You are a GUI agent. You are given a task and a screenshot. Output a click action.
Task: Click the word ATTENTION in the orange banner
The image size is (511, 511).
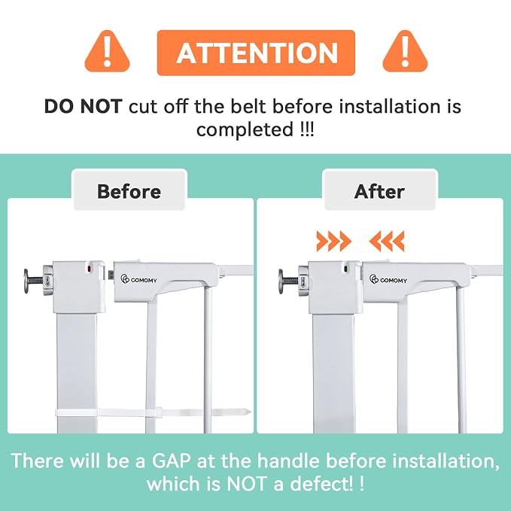tap(257, 53)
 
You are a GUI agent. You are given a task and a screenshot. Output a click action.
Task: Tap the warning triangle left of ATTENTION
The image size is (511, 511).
tap(107, 51)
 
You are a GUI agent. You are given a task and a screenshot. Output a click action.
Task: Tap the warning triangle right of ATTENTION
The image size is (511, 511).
tap(405, 51)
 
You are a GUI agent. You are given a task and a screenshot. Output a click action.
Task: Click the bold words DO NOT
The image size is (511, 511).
tap(83, 106)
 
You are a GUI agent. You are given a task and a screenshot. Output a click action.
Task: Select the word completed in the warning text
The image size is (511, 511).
tap(245, 130)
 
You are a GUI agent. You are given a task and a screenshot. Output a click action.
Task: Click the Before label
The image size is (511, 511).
tap(129, 191)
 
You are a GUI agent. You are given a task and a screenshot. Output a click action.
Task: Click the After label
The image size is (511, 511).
tap(379, 191)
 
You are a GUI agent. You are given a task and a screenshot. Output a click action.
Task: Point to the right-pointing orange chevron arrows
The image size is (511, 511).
tap(333, 241)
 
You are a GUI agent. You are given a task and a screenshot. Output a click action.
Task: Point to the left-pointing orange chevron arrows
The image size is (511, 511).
tap(387, 241)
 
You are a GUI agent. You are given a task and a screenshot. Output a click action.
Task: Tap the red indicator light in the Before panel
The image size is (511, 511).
tap(89, 269)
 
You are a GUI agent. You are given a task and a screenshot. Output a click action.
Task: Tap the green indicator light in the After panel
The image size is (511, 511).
tap(346, 269)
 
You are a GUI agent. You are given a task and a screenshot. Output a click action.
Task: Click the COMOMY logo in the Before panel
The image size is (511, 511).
tap(138, 279)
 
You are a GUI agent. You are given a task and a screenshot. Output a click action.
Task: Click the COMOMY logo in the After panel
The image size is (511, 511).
tap(388, 280)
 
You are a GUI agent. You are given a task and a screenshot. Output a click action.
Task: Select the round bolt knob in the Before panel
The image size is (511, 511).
tap(27, 281)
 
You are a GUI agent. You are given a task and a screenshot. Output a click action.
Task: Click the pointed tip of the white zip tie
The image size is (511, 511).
tap(251, 412)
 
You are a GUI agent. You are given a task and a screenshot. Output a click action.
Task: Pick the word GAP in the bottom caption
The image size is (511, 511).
tap(171, 461)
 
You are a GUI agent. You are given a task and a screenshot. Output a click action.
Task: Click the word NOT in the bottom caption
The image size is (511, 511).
tap(245, 484)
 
